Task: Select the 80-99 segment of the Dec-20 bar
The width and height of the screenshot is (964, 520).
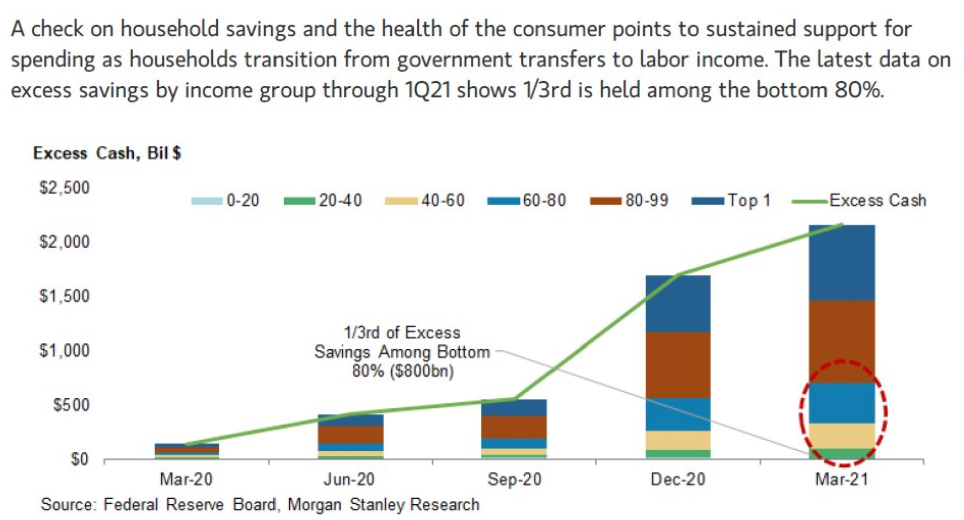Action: click(x=678, y=365)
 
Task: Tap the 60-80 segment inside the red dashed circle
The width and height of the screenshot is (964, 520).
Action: click(x=842, y=403)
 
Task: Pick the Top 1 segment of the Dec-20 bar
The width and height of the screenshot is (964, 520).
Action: click(x=678, y=304)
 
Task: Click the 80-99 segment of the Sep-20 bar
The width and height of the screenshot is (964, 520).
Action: click(x=514, y=427)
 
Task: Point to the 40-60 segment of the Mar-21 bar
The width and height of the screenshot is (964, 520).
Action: click(x=842, y=436)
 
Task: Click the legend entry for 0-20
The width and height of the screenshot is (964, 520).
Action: click(x=225, y=201)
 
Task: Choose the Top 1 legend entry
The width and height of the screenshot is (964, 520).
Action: click(x=731, y=201)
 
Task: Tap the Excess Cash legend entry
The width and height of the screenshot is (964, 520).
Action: click(x=860, y=201)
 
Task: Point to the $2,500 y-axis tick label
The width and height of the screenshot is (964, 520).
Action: click(x=64, y=188)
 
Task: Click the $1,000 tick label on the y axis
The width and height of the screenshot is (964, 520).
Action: click(x=64, y=351)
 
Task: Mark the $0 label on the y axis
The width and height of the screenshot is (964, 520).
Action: click(x=79, y=459)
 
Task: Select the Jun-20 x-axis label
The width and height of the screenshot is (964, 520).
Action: click(x=349, y=480)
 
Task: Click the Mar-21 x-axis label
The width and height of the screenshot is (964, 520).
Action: click(x=842, y=480)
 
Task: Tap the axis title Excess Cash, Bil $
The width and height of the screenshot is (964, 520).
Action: click(x=107, y=153)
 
